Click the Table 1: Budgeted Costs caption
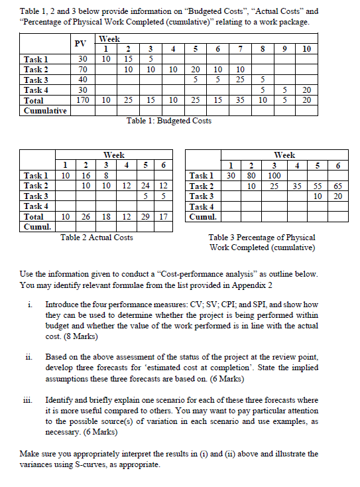[169, 121]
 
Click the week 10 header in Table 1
[306, 48]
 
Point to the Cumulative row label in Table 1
[43, 110]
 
